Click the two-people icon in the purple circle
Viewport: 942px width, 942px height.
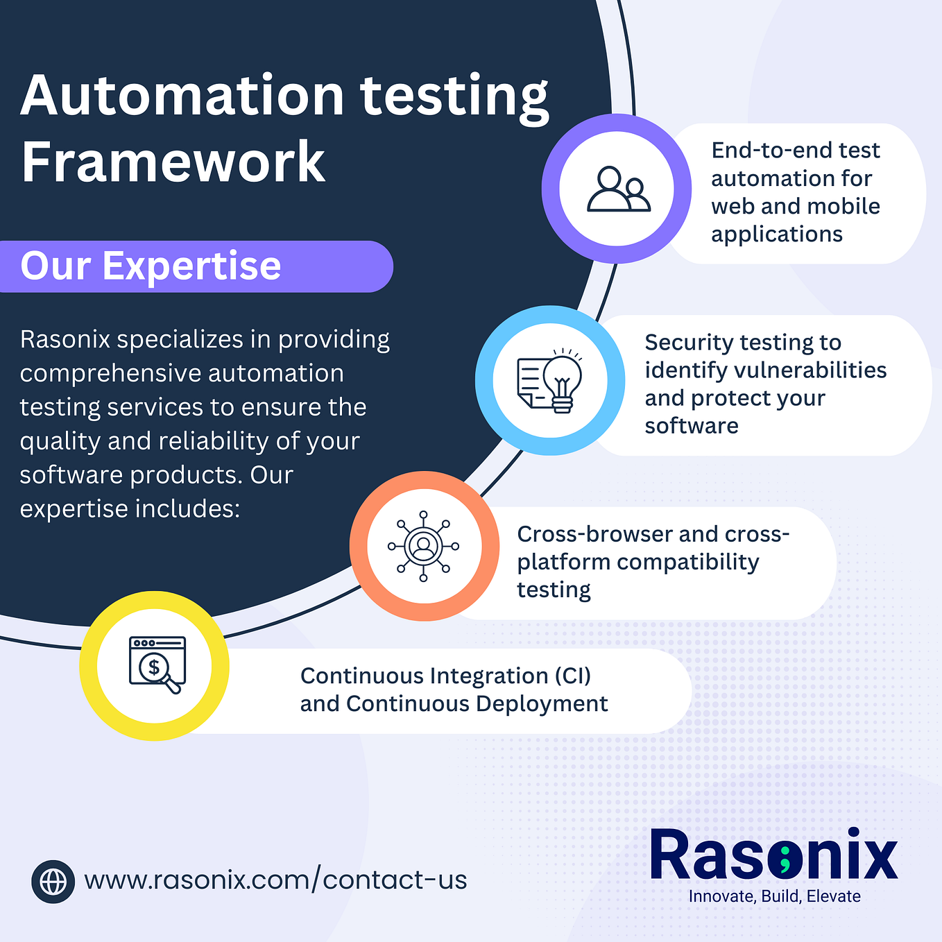[617, 189]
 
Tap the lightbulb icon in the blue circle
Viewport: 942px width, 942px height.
[551, 380]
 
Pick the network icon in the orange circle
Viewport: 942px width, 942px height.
[424, 546]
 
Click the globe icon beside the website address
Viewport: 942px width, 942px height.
[53, 882]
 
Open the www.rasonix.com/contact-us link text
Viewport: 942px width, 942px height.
[275, 880]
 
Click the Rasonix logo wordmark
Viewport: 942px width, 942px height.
[773, 855]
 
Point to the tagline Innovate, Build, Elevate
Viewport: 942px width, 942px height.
[774, 896]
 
